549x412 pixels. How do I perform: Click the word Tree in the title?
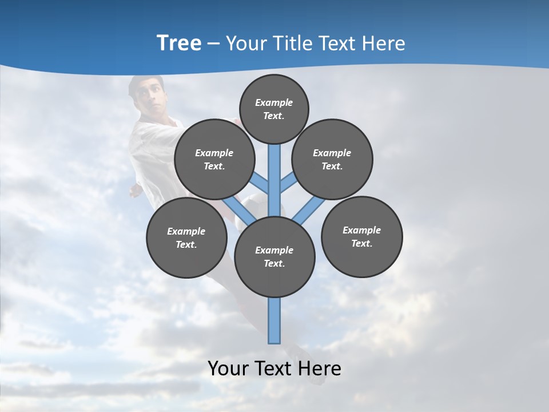point(179,43)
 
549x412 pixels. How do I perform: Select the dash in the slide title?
point(214,44)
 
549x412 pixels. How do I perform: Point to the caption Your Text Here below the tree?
point(274,369)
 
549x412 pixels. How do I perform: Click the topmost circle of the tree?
point(274,109)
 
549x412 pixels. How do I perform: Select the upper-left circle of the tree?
point(214,159)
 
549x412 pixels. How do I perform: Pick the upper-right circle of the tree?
point(332,159)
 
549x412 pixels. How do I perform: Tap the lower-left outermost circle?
point(186,237)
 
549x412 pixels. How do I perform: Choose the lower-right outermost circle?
point(361,236)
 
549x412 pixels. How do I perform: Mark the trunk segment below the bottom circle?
point(274,320)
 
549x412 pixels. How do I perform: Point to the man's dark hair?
point(146,82)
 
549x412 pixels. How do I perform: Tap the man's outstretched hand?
point(136,191)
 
